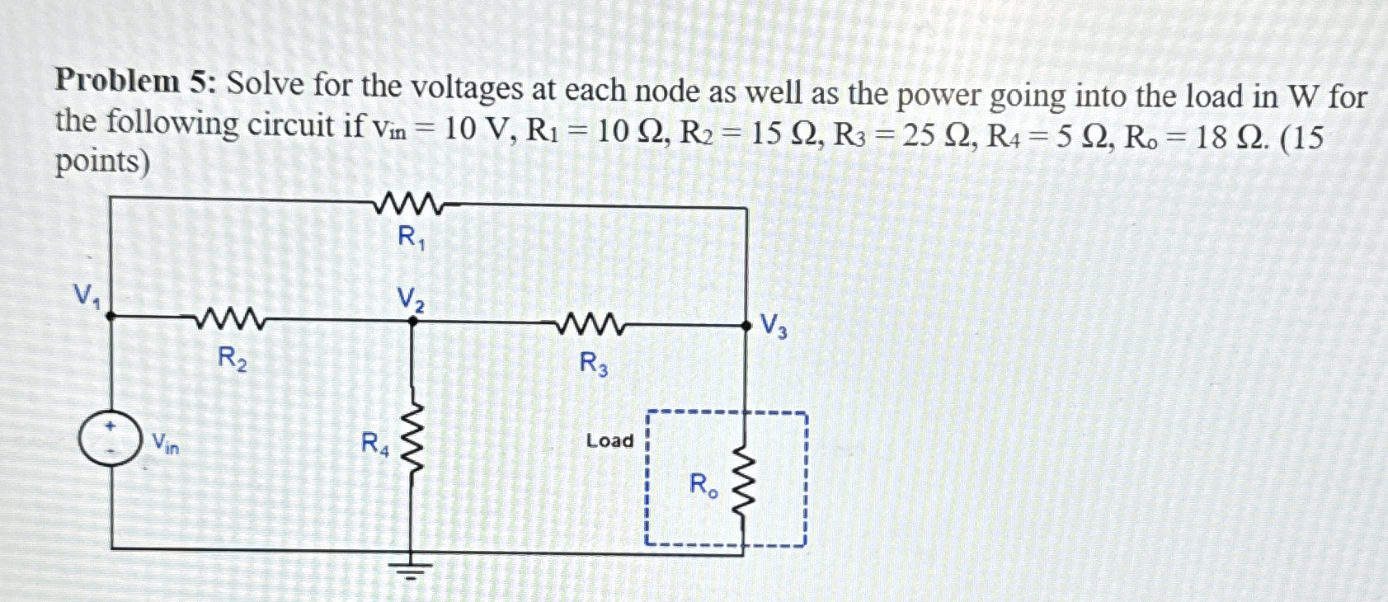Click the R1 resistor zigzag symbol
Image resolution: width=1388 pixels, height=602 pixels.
click(x=409, y=203)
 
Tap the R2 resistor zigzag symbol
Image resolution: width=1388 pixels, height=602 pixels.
click(x=230, y=319)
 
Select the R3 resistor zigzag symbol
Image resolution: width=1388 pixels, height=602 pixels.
click(x=590, y=325)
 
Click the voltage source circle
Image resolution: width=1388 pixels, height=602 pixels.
click(x=110, y=439)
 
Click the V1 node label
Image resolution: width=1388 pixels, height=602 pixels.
click(x=87, y=295)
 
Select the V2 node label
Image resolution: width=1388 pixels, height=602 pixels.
click(x=411, y=299)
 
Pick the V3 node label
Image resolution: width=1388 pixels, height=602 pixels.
click(x=773, y=326)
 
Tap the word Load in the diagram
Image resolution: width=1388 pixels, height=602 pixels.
click(x=609, y=441)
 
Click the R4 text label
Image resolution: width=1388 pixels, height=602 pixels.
click(x=374, y=444)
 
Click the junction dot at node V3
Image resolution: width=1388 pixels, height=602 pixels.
click(x=746, y=327)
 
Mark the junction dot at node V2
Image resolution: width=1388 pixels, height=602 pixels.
click(x=413, y=322)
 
